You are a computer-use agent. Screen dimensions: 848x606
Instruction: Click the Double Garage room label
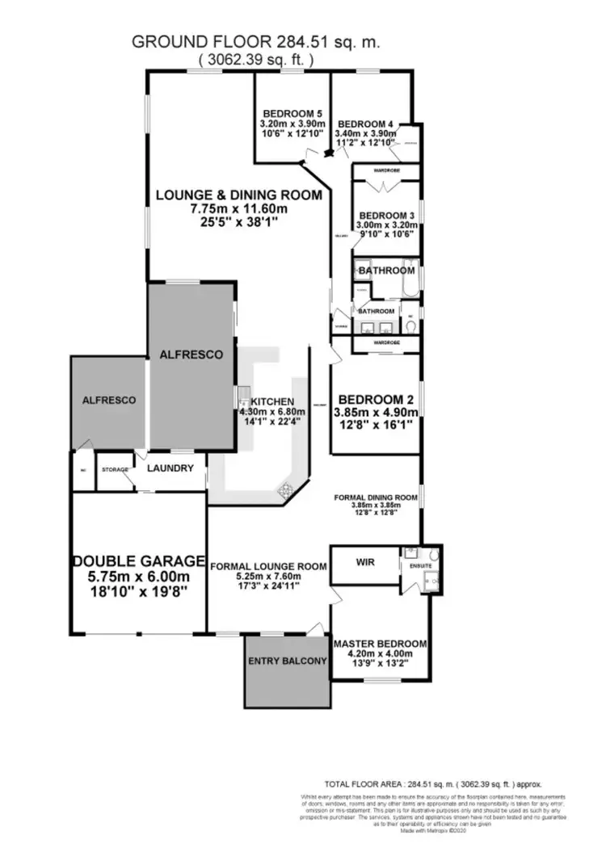[x=137, y=560]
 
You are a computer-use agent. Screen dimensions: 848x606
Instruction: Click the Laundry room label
[x=171, y=468]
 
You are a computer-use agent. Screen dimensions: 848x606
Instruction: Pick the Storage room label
[x=113, y=469]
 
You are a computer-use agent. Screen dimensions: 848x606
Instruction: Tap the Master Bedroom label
[x=380, y=644]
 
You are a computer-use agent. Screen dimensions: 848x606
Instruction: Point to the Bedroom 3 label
[x=386, y=215]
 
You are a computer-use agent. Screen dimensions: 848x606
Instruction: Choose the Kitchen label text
[x=272, y=401]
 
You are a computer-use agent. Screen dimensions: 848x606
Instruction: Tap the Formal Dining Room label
[x=376, y=497]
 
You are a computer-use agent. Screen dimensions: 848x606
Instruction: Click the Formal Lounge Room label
[x=268, y=566]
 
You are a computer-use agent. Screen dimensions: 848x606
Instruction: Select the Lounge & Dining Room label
[x=238, y=195]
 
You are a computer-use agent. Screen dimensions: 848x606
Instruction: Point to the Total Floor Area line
[x=433, y=783]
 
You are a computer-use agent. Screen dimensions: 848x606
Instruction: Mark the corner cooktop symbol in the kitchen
[x=284, y=489]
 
